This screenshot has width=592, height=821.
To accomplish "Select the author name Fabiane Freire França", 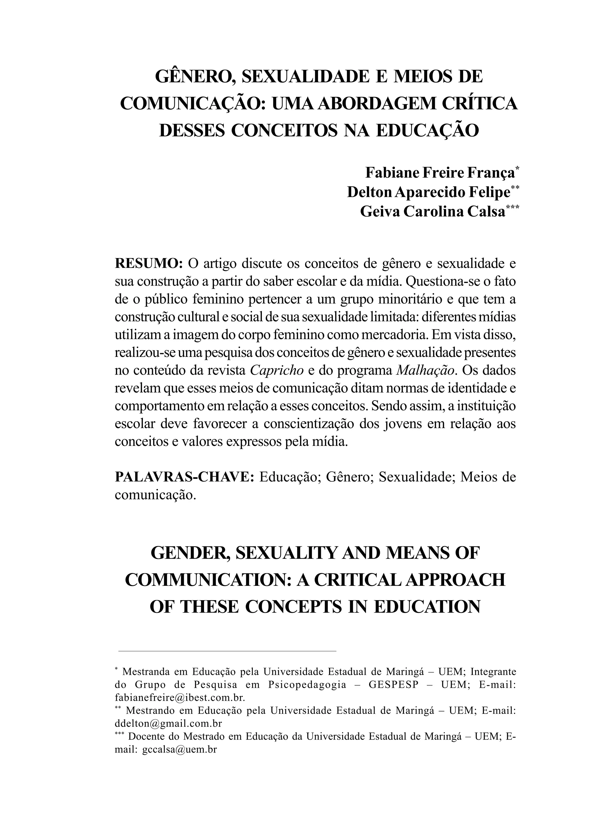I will pos(440,173).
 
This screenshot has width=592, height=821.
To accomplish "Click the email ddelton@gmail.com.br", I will pos(168,724).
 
